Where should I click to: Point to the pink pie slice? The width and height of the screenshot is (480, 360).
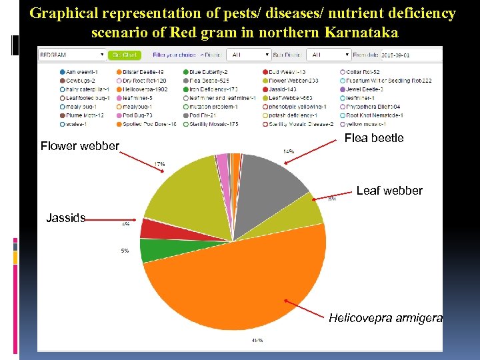tap(222, 161)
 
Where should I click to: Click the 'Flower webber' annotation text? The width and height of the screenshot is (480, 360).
tap(80, 146)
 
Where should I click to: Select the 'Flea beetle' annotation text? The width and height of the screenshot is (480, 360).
tap(374, 138)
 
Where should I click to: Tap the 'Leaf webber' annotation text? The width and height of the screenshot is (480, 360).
tap(389, 191)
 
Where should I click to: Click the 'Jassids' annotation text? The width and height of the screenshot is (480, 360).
tap(66, 217)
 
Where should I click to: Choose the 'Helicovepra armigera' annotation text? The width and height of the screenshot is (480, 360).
tap(385, 318)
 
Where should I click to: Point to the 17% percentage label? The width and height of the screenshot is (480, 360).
tap(160, 164)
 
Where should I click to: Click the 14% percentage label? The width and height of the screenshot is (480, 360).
tap(289, 151)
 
